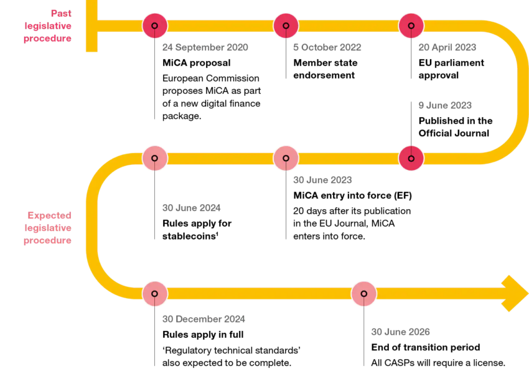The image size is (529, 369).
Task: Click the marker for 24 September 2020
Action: [155, 26]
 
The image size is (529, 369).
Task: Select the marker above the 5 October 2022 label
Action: [286, 26]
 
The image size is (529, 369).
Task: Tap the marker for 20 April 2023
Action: [411, 26]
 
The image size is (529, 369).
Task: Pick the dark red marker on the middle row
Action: [411, 158]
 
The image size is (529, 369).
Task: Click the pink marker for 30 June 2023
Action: [286, 158]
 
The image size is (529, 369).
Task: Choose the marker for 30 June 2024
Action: [155, 158]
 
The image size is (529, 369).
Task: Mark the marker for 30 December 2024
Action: [155, 294]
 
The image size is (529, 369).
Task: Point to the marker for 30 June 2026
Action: [364, 294]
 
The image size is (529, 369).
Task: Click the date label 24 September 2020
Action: [205, 48]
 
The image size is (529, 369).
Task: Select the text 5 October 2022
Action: [327, 48]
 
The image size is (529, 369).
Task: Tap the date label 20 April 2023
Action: [447, 48]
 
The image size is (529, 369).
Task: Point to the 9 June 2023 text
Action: [444, 106]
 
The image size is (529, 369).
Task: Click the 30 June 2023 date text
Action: [322, 180]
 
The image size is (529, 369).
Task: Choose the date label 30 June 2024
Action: [191, 208]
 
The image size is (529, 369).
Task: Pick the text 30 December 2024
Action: [204, 319]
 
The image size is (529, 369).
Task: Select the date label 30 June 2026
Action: [400, 332]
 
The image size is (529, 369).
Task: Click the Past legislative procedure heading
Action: [48, 26]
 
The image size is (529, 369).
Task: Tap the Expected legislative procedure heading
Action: [48, 228]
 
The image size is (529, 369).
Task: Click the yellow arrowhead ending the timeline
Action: [515, 293]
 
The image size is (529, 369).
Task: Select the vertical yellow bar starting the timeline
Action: [91, 26]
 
